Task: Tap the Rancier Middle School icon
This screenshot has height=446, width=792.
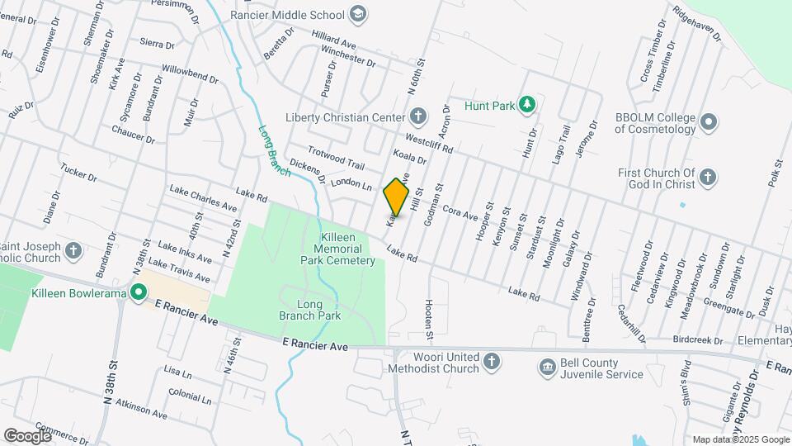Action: (x=357, y=13)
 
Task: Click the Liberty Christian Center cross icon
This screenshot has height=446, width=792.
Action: (x=418, y=116)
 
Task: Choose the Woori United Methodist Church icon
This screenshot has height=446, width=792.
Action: (x=491, y=361)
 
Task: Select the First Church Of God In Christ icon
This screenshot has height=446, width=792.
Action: (x=707, y=177)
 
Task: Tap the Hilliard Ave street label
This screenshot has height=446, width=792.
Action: (x=333, y=40)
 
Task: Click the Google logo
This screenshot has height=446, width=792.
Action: (x=26, y=435)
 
